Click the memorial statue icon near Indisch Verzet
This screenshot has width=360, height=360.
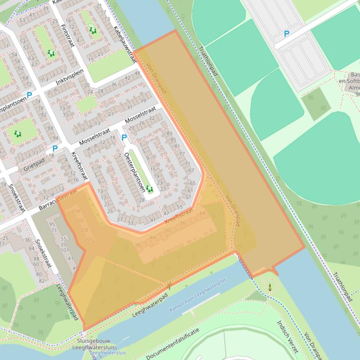tap(270, 287)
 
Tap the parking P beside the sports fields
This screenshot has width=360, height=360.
tap(287, 34)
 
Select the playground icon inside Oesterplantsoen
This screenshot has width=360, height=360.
tap(149, 189)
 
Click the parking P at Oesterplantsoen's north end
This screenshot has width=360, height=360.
tap(124, 137)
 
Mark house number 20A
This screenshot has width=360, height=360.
tap(76, 211)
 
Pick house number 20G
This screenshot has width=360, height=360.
tap(88, 239)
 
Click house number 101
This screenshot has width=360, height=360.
tap(65, 250)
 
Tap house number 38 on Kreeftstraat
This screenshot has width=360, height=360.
tap(137, 245)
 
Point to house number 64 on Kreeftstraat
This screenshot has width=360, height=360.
tap(202, 213)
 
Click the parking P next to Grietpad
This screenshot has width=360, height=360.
tap(55, 149)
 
